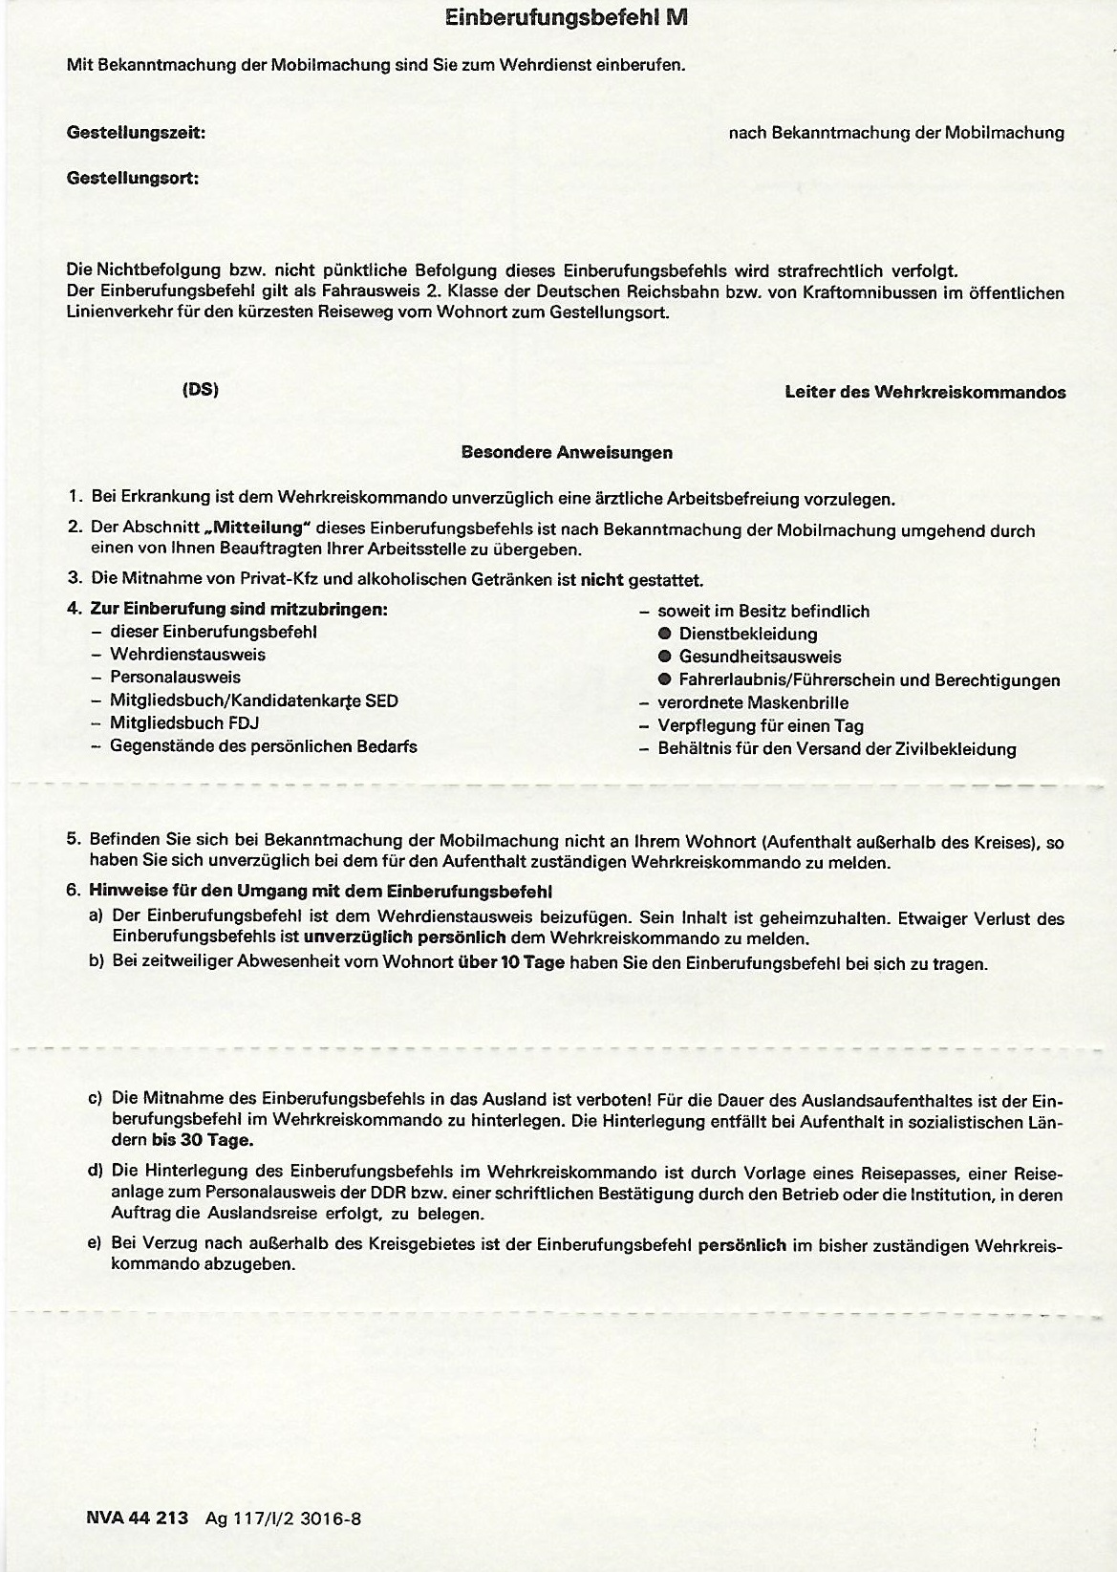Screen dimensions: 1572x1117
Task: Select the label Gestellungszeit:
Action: tap(136, 134)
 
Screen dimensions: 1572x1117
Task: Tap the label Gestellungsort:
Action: tap(133, 178)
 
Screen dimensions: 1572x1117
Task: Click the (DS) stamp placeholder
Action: tap(200, 390)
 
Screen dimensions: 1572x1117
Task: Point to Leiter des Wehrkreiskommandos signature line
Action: tap(925, 392)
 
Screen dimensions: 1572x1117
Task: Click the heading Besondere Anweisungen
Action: tap(567, 452)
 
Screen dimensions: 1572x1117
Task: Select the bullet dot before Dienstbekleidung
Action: tap(665, 634)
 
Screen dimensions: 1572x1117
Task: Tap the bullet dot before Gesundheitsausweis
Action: tap(665, 657)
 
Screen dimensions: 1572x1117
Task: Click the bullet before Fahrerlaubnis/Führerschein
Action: tap(665, 679)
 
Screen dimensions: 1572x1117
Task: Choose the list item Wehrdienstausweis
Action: tap(187, 655)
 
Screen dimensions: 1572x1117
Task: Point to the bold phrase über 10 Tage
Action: tap(511, 962)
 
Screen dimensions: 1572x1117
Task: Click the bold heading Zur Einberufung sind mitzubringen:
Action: tap(239, 609)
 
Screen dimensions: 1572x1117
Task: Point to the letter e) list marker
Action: tap(95, 1245)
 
